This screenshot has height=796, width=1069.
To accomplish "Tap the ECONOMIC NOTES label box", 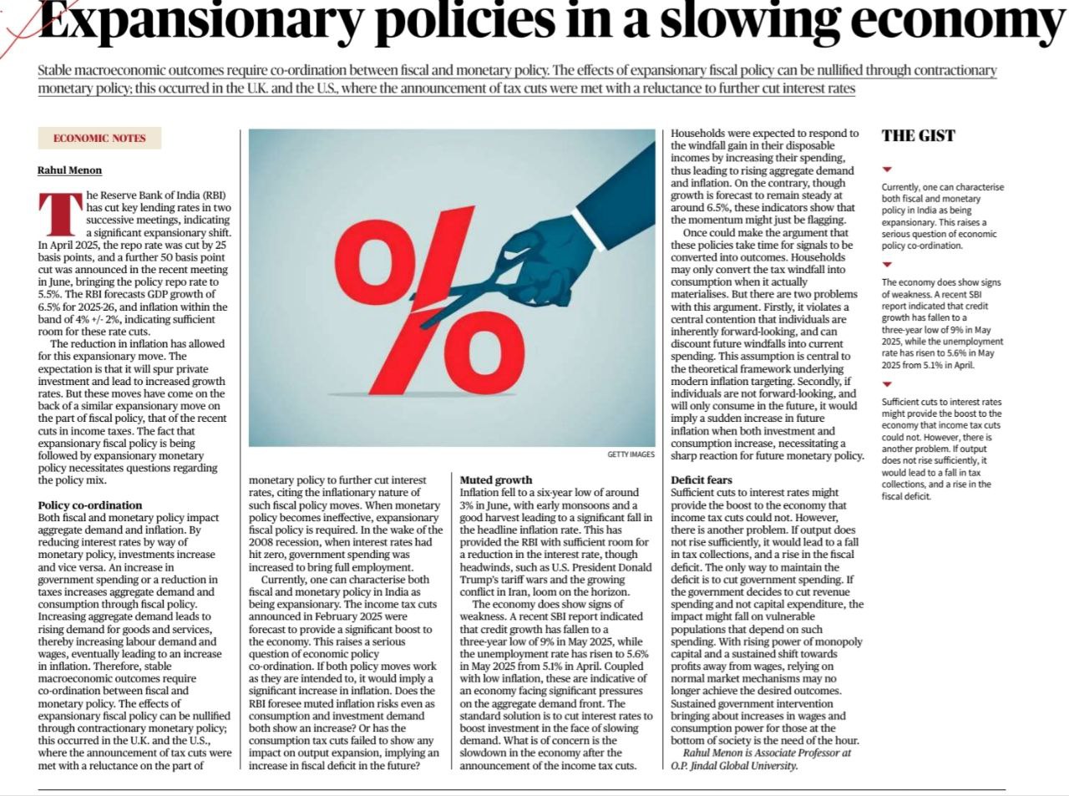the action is click(x=99, y=139).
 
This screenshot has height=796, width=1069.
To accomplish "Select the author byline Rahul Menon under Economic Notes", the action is click(x=70, y=170).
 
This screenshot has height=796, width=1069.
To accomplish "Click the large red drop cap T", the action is click(x=60, y=214).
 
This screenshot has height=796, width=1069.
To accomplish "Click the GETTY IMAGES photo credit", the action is click(x=631, y=454).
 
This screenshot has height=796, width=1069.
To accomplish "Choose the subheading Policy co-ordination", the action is click(x=90, y=505).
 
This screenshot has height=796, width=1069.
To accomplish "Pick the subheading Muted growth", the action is click(x=496, y=479).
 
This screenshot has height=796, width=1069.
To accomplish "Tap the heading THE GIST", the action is click(x=918, y=136).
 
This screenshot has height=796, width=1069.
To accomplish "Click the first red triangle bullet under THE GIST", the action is click(x=887, y=170).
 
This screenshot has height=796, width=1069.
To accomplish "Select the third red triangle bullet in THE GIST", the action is click(x=887, y=384).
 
